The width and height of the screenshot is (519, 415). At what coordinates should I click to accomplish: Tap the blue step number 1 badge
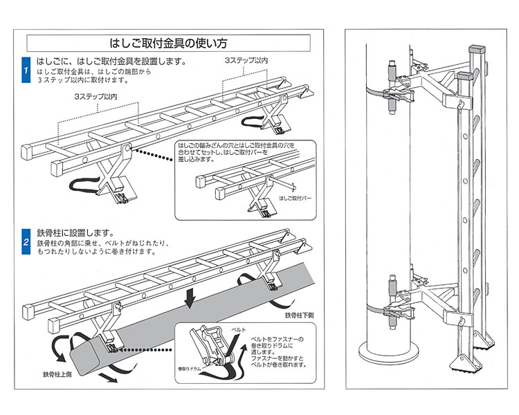[x=26, y=71]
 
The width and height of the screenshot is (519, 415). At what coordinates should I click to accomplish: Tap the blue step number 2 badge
[x=26, y=242]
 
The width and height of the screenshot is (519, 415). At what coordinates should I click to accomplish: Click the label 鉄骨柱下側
[x=299, y=315]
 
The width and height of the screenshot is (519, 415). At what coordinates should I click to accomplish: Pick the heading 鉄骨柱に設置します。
[x=75, y=233]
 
